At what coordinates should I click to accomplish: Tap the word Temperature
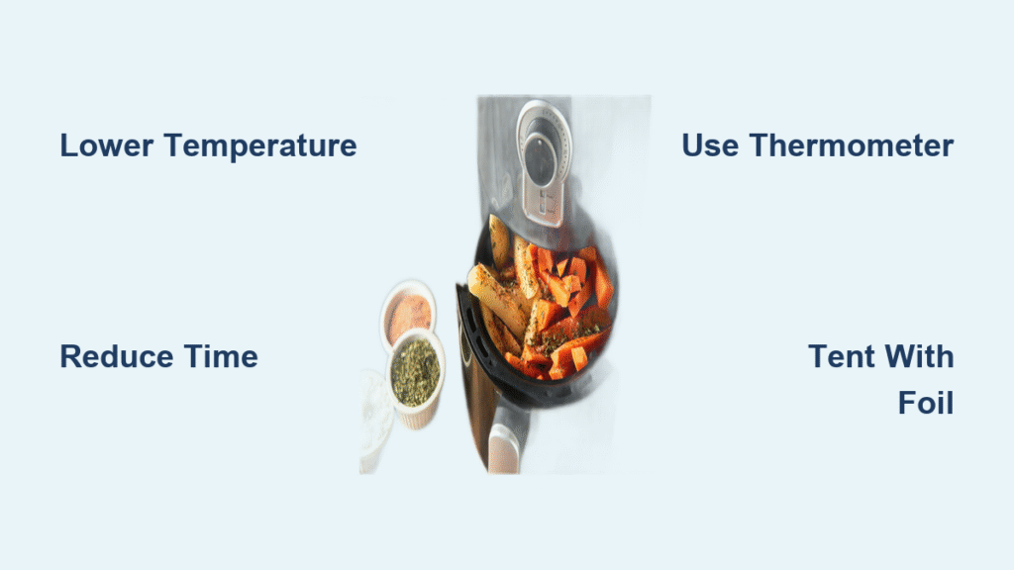point(260,146)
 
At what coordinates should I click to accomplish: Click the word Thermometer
point(851,146)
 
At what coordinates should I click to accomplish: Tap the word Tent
point(841,356)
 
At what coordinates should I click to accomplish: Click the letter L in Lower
point(67,146)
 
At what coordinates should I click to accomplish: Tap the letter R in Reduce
point(69,356)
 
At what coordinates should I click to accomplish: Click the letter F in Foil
point(906,403)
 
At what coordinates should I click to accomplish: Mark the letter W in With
point(897,356)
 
